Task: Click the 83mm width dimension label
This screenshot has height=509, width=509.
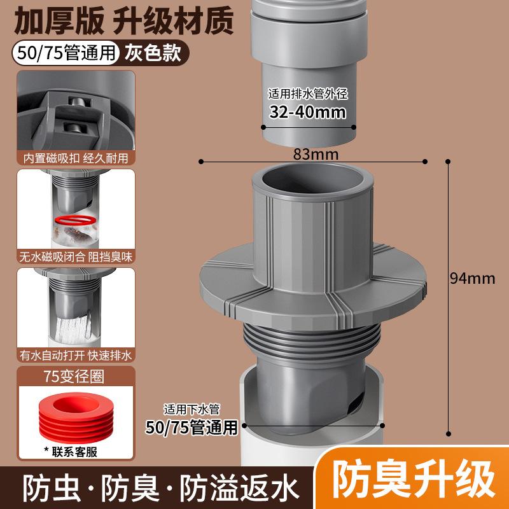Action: pyautogui.click(x=316, y=154)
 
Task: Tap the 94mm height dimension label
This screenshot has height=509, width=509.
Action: pyautogui.click(x=472, y=279)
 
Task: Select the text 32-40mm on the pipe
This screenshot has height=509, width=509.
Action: pyautogui.click(x=307, y=112)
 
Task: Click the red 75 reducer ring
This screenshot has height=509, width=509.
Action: pyautogui.click(x=76, y=417)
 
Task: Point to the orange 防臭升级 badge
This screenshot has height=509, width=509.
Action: pyautogui.click(x=413, y=479)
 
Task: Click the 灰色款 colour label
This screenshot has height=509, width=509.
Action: pyautogui.click(x=153, y=52)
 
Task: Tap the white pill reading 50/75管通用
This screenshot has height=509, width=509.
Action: pyautogui.click(x=66, y=53)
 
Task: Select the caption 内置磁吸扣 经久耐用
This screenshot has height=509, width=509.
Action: pyautogui.click(x=76, y=158)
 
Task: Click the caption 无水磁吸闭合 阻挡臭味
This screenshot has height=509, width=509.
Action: pyautogui.click(x=76, y=257)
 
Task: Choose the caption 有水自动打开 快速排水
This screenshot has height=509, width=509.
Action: pyautogui.click(x=76, y=356)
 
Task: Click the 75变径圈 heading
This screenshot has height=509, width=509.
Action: pyautogui.click(x=74, y=377)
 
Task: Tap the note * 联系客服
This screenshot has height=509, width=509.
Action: pyautogui.click(x=71, y=452)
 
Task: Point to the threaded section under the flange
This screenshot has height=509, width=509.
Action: pyautogui.click(x=311, y=340)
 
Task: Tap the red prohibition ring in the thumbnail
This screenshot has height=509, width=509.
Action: pyautogui.click(x=76, y=220)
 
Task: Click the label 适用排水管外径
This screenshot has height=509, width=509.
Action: pyautogui.click(x=308, y=94)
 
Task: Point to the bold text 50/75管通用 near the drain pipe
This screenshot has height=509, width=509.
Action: pyautogui.click(x=192, y=427)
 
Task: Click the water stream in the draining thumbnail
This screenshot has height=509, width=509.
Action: pyautogui.click(x=74, y=327)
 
